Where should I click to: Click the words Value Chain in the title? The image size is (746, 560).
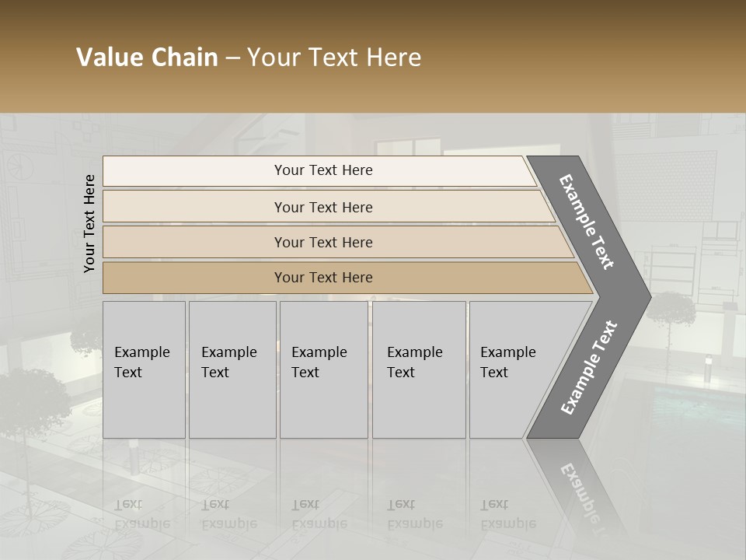[147, 58]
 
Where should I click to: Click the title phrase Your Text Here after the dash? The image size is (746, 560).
[333, 58]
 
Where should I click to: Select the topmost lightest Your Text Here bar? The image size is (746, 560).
[322, 170]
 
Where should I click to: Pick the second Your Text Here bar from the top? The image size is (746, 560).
[322, 207]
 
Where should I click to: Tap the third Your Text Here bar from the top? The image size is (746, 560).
[322, 242]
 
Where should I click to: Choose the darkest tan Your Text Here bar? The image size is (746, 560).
[322, 278]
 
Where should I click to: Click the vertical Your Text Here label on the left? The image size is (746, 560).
[89, 223]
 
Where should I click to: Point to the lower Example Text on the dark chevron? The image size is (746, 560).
[589, 368]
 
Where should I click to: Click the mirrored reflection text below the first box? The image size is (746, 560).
[141, 514]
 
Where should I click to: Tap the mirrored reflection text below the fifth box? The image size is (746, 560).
[507, 514]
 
